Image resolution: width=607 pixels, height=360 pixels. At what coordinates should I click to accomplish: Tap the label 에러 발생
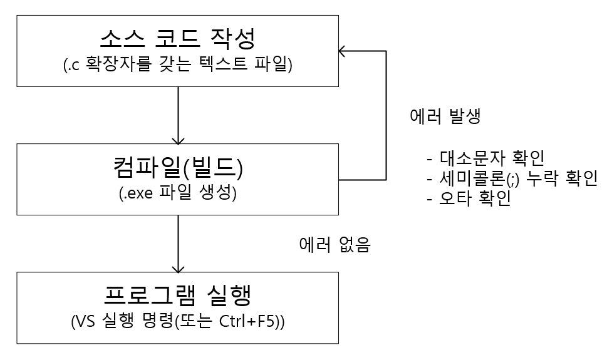[445, 116]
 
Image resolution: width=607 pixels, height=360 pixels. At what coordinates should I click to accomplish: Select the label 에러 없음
[335, 245]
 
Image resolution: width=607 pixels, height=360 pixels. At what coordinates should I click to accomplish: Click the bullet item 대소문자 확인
[492, 157]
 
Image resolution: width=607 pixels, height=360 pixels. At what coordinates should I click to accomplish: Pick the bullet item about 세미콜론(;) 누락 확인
[511, 179]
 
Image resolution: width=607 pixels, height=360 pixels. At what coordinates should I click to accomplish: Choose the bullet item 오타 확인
[476, 201]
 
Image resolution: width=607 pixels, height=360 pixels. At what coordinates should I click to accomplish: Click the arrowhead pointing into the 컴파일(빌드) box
[179, 139]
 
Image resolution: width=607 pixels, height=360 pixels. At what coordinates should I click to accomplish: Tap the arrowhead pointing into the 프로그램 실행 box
[179, 267]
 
